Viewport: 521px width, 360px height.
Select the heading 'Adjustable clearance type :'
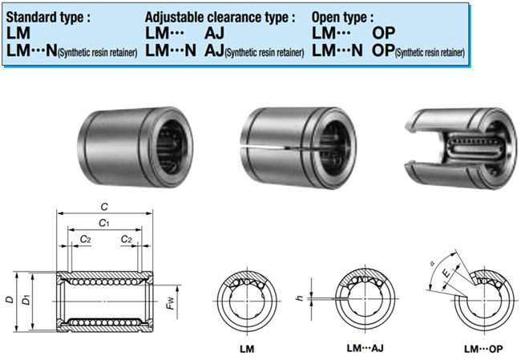click(220, 16)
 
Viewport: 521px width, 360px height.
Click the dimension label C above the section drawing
click(104, 205)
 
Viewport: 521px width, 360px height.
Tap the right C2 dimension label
click(126, 239)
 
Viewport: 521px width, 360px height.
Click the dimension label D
click(8, 300)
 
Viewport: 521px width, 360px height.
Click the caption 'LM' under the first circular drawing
click(248, 350)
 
